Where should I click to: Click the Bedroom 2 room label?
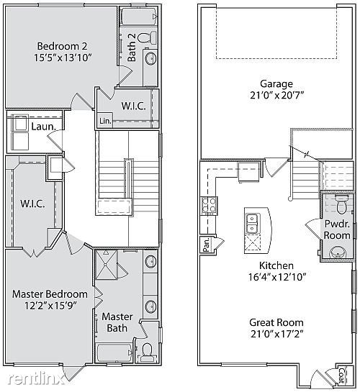[x=62, y=46]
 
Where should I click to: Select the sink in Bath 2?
[x=151, y=59]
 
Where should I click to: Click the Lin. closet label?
[x=105, y=121]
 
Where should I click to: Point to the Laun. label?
[x=43, y=127]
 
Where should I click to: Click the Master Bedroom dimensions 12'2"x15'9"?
[x=50, y=306]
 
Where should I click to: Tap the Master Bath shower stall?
[x=107, y=265]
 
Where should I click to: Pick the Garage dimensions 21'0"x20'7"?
[x=276, y=95]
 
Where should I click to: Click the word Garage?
[x=276, y=83]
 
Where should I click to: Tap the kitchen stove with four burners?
[x=210, y=206]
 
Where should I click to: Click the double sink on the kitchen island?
[x=253, y=223]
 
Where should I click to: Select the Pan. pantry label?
[x=206, y=245]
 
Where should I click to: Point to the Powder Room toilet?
[x=341, y=204]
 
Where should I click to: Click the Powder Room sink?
[x=337, y=252]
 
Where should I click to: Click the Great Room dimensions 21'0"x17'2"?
[x=277, y=334]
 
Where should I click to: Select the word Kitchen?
[x=276, y=265]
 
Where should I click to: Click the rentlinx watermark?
[x=35, y=379]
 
